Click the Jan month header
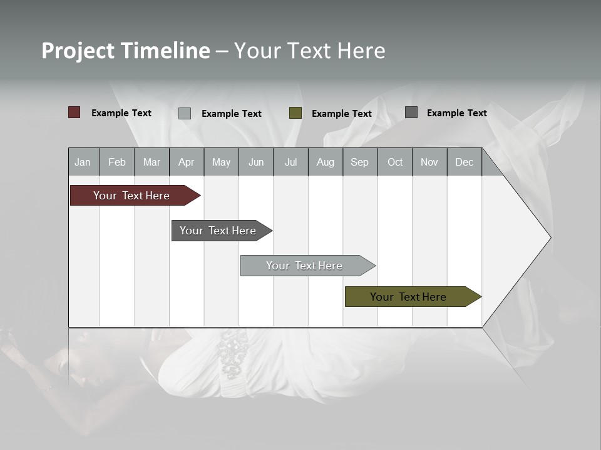[x=83, y=162]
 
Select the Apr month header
[x=186, y=162]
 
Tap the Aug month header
[x=325, y=162]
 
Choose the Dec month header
[x=464, y=162]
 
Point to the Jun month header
[x=255, y=162]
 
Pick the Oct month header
[x=394, y=162]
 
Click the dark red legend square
[x=74, y=112]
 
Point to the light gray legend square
[x=185, y=113]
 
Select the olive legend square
[x=295, y=113]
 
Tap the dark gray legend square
[x=411, y=112]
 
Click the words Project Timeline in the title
[x=125, y=51]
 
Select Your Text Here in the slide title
[x=309, y=51]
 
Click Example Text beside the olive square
[x=341, y=114]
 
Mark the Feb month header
[x=117, y=162]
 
